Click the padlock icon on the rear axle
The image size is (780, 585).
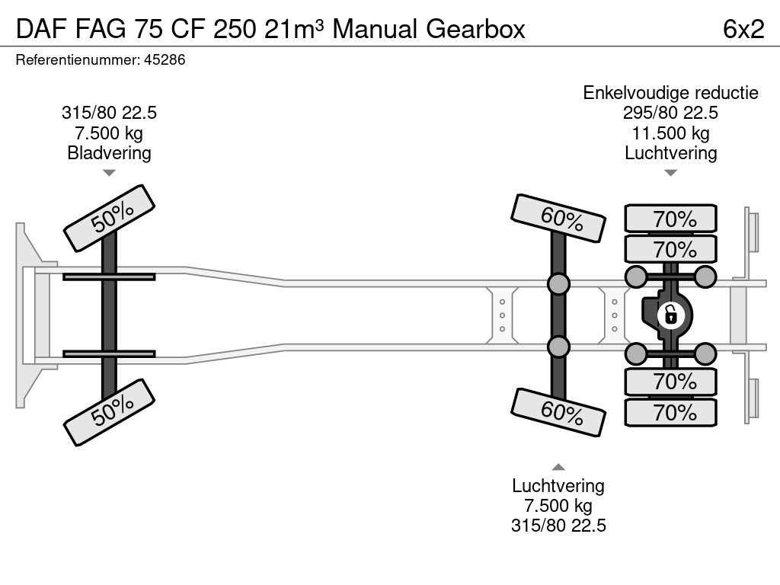670,315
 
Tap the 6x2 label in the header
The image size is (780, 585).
743,29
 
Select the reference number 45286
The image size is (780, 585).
165,59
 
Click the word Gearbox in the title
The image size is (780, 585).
475,29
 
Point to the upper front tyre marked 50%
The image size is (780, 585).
110,218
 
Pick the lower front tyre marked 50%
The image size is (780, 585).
110,412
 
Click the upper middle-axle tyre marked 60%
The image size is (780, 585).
558,218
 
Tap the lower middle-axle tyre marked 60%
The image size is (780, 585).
558,412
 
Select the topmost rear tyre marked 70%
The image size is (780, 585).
670,218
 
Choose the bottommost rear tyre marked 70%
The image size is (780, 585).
670,412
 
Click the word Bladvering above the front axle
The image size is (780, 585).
110,153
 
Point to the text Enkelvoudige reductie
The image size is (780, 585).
670,92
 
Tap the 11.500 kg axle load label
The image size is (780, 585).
670,133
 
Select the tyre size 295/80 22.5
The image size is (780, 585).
670,113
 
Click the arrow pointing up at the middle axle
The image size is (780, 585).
558,467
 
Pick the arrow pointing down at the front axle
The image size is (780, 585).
110,173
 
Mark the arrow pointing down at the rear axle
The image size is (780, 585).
670,173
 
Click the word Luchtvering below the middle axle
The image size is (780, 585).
558,485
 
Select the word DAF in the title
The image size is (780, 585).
41,29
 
